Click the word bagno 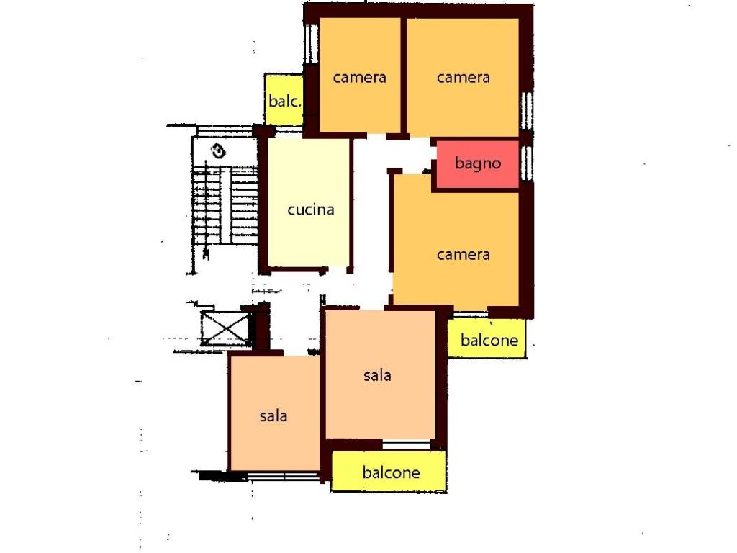click(x=478, y=163)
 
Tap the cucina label click(x=311, y=210)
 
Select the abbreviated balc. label click(x=284, y=101)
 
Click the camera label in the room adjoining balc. click(x=360, y=77)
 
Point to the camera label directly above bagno click(x=463, y=77)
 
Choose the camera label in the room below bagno click(x=463, y=254)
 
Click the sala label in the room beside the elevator click(x=273, y=415)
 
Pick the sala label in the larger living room click(x=377, y=374)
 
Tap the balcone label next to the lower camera click(x=489, y=340)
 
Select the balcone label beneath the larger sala click(x=391, y=472)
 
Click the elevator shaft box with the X click(x=225, y=328)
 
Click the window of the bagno click(x=528, y=163)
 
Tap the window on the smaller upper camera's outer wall click(x=310, y=44)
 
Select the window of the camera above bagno click(x=528, y=110)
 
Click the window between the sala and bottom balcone click(x=406, y=444)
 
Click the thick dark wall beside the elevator click(x=260, y=328)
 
